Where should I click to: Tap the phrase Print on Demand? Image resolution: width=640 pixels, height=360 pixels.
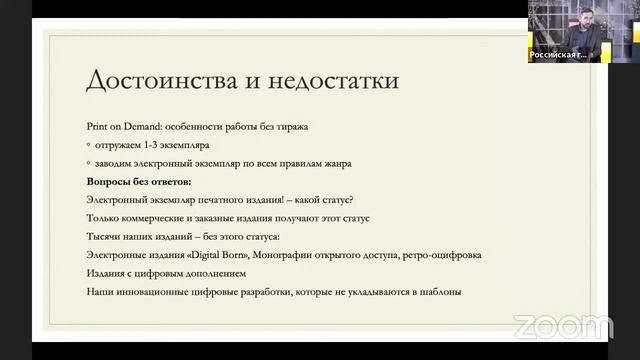click(123, 129)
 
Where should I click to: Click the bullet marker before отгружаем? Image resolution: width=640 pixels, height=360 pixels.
click(89, 146)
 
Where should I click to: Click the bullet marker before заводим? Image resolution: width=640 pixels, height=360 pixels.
click(89, 164)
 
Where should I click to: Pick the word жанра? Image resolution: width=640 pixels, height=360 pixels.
click(336, 164)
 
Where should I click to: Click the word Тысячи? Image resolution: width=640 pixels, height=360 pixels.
click(108, 236)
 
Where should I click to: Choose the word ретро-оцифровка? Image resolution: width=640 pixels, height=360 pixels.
click(443, 255)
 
